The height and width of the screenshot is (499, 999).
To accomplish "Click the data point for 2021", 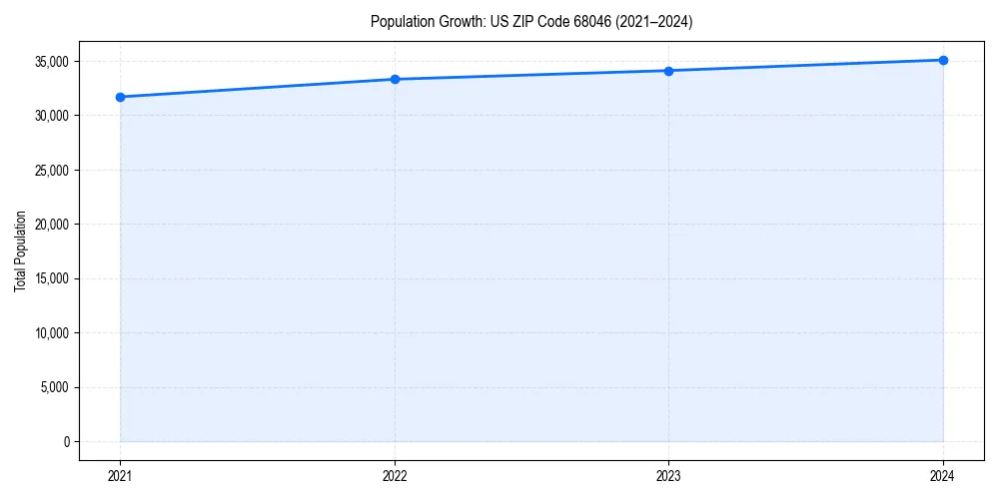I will pyautogui.click(x=120, y=97).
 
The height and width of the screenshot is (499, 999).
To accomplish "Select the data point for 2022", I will pyautogui.click(x=395, y=79).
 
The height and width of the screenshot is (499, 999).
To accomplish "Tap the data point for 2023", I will pyautogui.click(x=668, y=71).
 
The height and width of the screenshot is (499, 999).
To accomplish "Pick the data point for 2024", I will pyautogui.click(x=943, y=60).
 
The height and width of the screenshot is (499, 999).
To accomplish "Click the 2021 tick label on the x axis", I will pyautogui.click(x=120, y=476).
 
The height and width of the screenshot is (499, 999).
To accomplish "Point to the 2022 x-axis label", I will pyautogui.click(x=395, y=476).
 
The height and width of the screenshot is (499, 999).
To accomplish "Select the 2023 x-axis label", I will pyautogui.click(x=668, y=476).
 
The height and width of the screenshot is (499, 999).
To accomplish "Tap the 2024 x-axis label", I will pyautogui.click(x=943, y=476).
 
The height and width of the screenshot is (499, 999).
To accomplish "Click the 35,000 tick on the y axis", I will pyautogui.click(x=51, y=62).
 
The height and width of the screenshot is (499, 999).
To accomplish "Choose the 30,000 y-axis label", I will pyautogui.click(x=51, y=116).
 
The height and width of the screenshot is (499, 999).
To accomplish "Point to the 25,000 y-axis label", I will pyautogui.click(x=51, y=170).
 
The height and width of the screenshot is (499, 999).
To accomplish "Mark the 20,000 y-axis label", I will pyautogui.click(x=51, y=225).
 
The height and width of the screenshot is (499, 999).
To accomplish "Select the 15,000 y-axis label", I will pyautogui.click(x=51, y=278).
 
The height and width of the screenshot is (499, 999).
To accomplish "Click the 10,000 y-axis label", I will pyautogui.click(x=51, y=333).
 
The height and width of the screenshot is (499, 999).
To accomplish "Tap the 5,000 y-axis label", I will pyautogui.click(x=54, y=387).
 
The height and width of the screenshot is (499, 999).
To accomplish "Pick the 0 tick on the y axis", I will pyautogui.click(x=66, y=441).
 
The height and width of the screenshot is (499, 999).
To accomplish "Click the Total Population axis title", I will pyautogui.click(x=20, y=250).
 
